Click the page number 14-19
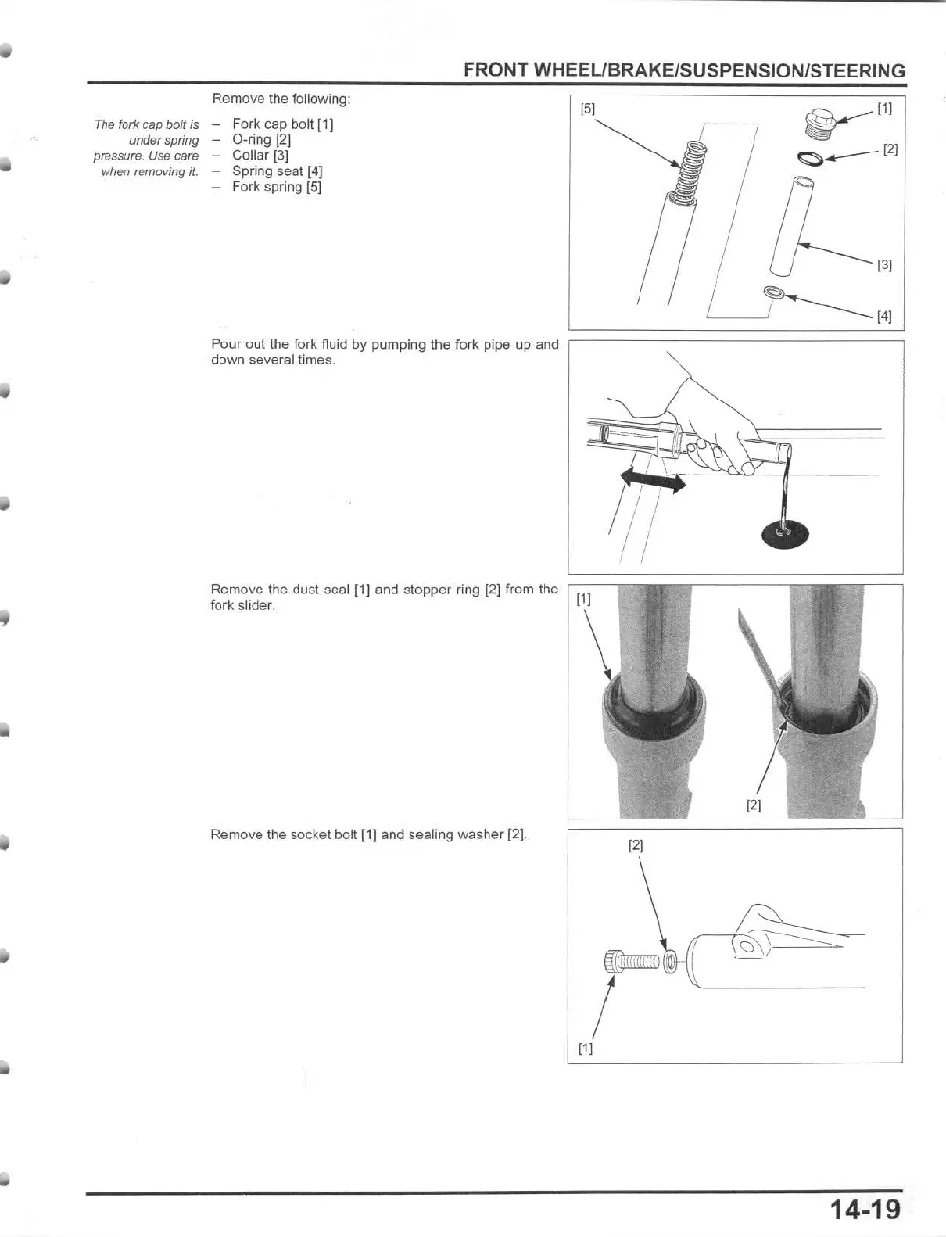point(865,1210)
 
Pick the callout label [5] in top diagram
point(587,109)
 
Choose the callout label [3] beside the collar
point(884,265)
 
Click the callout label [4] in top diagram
point(884,317)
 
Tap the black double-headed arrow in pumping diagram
point(653,479)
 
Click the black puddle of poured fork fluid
point(785,534)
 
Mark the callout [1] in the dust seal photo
point(584,600)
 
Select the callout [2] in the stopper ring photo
point(754,805)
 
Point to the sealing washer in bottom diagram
point(670,961)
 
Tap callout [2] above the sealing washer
point(636,845)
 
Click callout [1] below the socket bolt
point(586,1049)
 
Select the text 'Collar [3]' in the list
point(260,156)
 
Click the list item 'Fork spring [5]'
point(276,187)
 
